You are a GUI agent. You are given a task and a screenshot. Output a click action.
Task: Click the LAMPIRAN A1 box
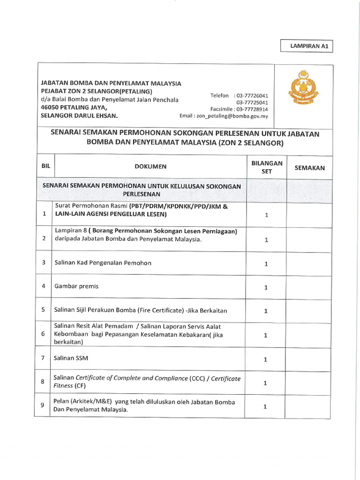tap(307, 46)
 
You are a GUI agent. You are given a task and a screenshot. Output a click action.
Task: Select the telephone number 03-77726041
tap(252, 96)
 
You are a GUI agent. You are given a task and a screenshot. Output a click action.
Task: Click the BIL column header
tap(45, 166)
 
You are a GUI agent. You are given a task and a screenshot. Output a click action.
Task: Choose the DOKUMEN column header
tap(150, 166)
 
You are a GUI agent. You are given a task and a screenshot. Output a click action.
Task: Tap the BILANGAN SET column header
tap(267, 167)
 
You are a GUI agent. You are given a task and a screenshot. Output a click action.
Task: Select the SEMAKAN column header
tap(309, 168)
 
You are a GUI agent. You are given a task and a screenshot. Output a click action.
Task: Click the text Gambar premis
tap(76, 286)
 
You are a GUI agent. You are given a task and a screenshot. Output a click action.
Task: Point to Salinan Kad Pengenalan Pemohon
tap(103, 263)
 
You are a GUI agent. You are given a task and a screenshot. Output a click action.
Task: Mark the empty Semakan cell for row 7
tap(309, 359)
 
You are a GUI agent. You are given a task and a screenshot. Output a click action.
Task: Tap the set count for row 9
tap(265, 407)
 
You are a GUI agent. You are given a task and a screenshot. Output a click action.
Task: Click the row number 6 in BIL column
tap(43, 334)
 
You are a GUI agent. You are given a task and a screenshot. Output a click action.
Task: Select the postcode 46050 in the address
tap(50, 107)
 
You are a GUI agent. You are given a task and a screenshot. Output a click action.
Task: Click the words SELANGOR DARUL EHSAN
tap(80, 115)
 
